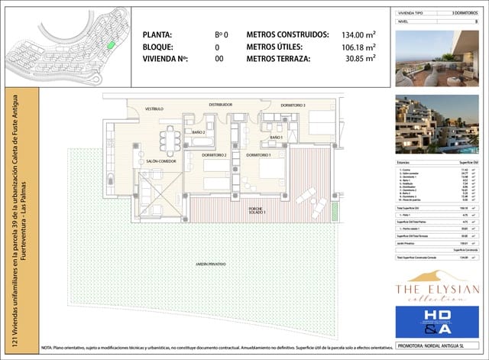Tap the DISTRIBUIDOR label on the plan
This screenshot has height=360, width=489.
[221, 103]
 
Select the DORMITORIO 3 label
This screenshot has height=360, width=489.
[293, 105]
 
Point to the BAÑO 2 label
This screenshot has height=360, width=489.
[199, 133]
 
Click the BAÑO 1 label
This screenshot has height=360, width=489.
[276, 138]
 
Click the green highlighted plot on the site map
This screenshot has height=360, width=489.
[111, 44]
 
